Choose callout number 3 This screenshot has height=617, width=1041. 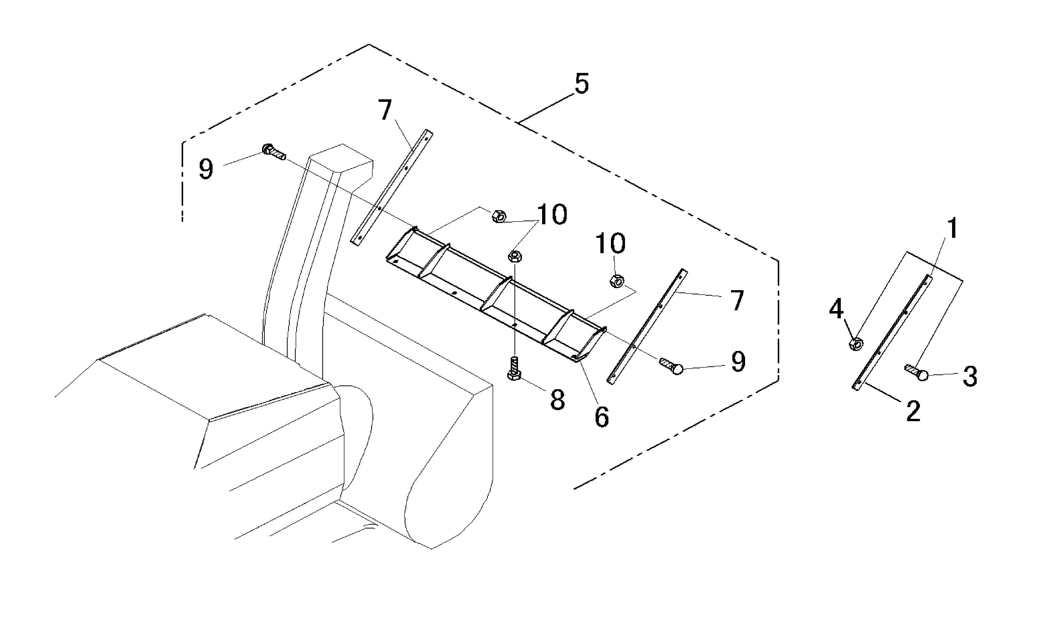point(970,377)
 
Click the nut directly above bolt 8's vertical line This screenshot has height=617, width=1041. point(515,256)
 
